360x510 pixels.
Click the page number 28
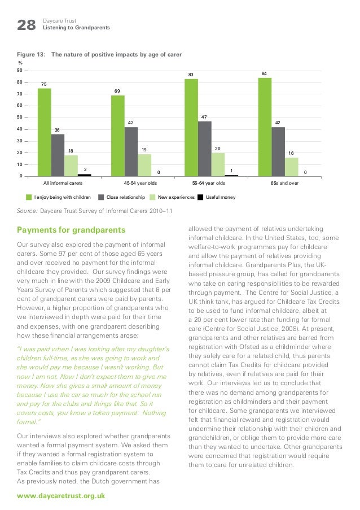point(26,25)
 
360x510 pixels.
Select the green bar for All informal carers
point(45,132)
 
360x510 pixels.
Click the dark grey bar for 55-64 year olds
point(205,149)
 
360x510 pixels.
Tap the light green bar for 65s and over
point(292,167)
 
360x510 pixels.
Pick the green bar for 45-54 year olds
point(118,136)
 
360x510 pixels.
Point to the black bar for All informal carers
point(85,175)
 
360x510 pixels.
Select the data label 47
point(204,116)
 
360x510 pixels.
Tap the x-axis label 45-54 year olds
point(140,184)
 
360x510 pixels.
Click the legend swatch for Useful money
point(201,197)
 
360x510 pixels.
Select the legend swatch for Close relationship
point(102,197)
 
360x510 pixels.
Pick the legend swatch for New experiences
point(153,197)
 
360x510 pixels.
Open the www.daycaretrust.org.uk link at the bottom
point(61,495)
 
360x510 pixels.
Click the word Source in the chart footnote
point(27,211)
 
